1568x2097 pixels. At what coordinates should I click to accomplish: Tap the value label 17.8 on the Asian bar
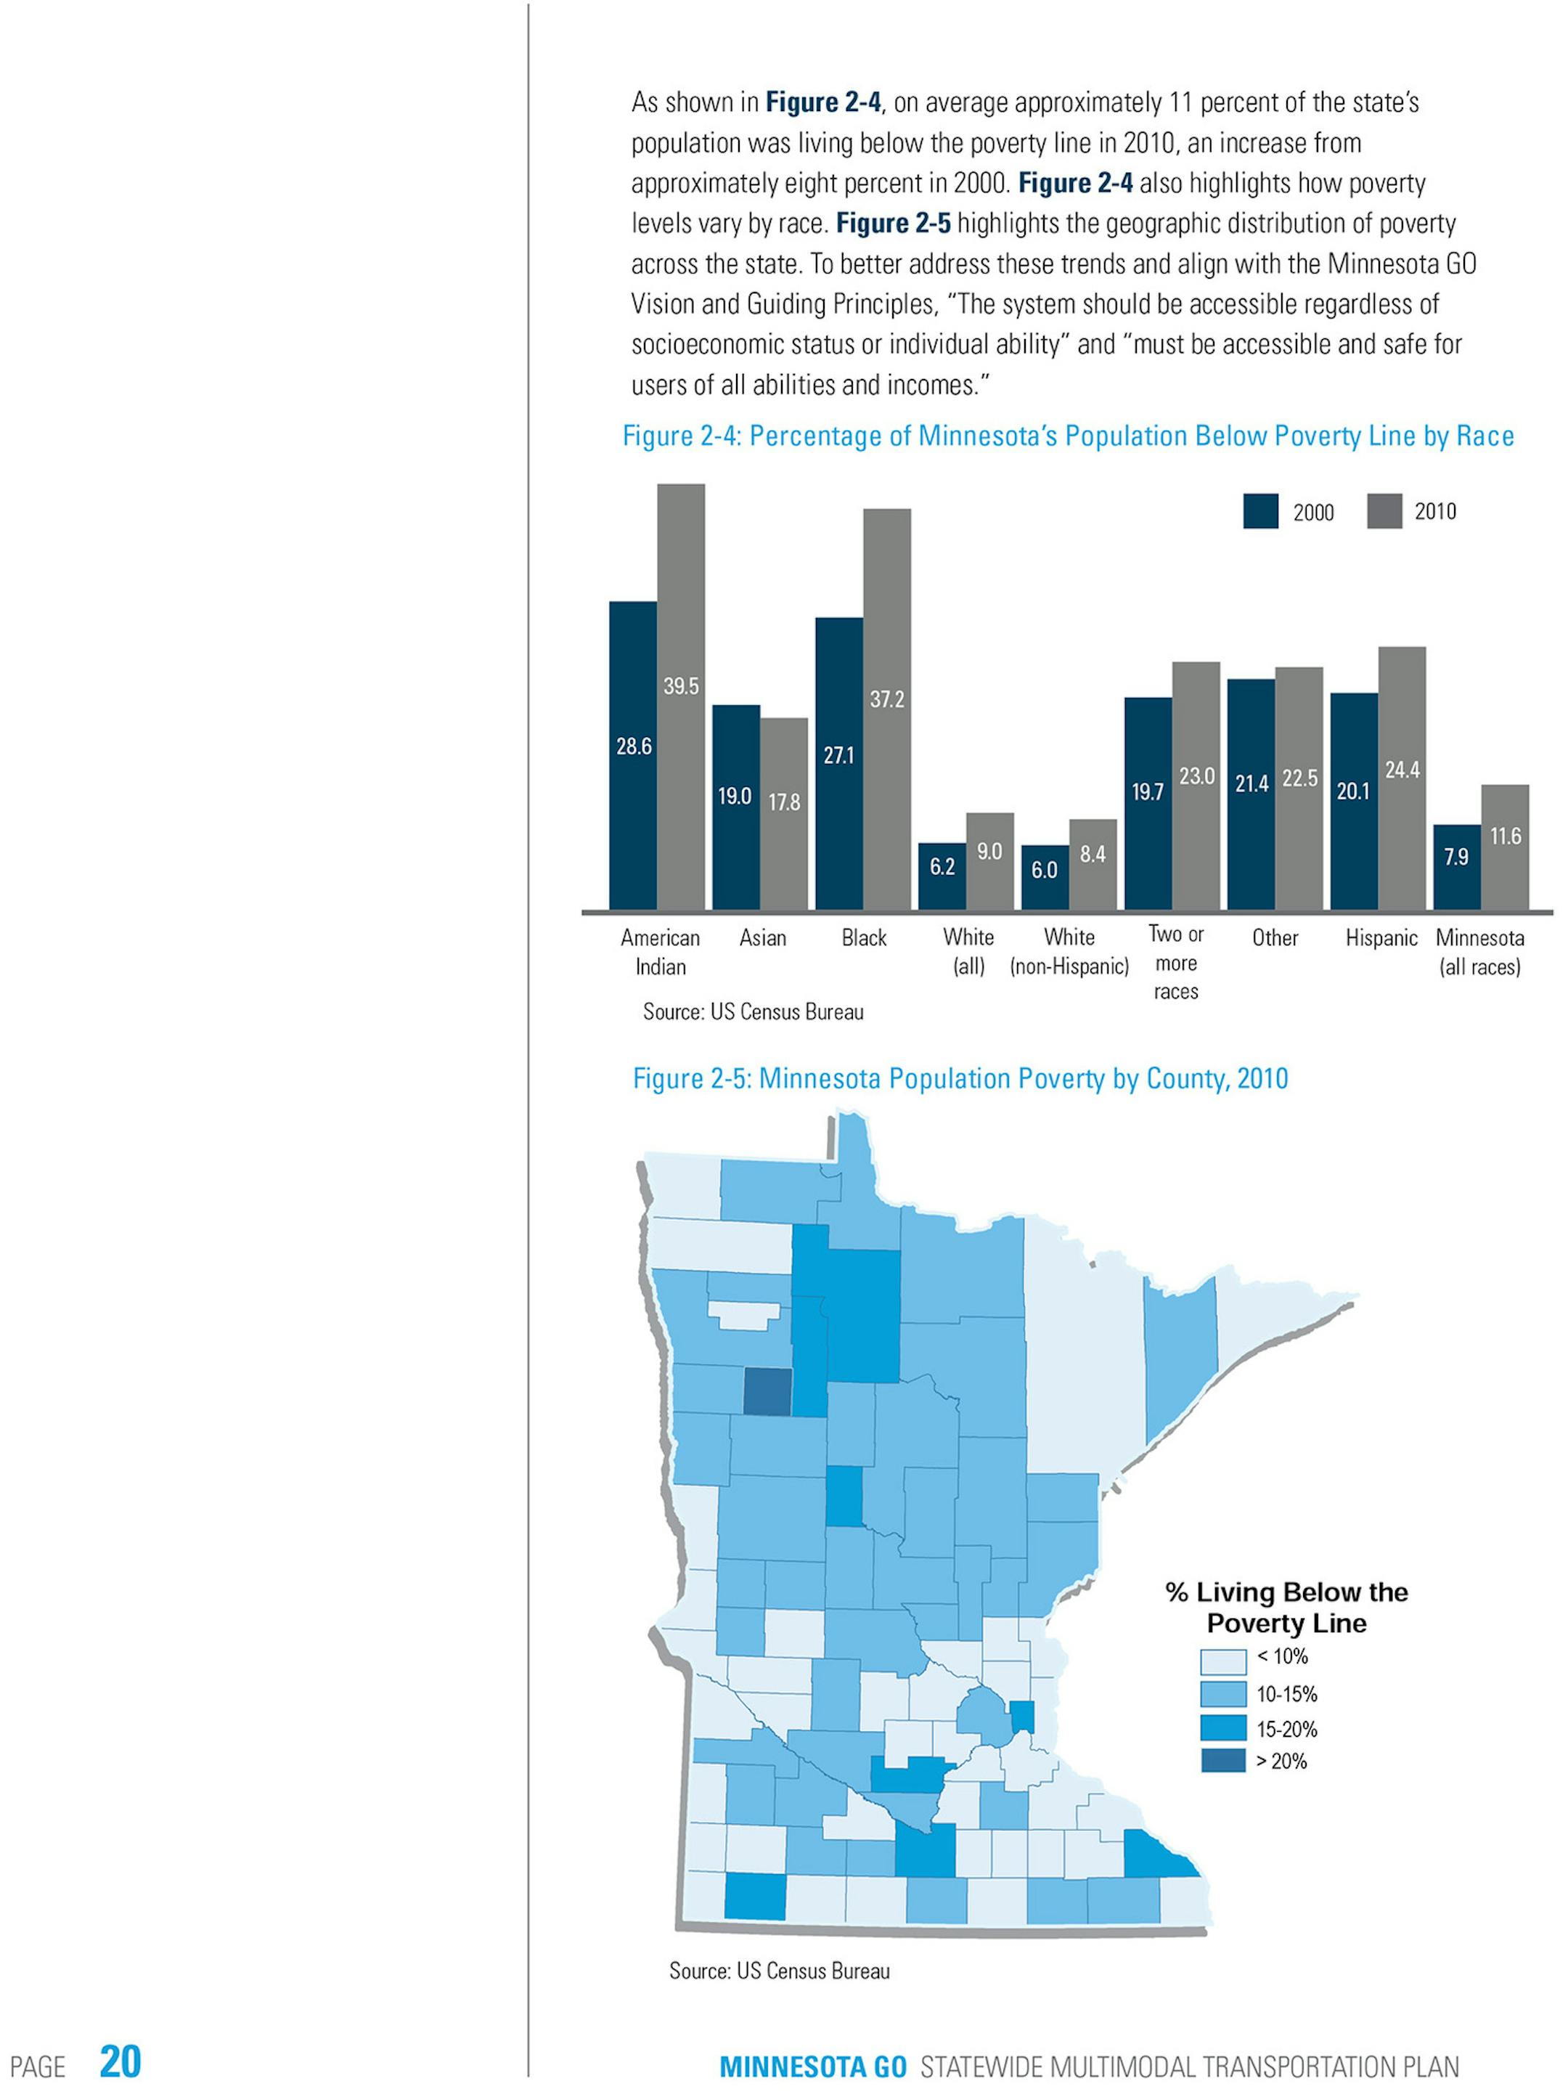(784, 803)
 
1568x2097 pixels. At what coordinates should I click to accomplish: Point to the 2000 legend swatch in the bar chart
(1260, 512)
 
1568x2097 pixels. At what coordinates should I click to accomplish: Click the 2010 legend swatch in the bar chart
(1384, 511)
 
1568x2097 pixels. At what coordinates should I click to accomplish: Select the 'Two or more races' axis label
(1175, 963)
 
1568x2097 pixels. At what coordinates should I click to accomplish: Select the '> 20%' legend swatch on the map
(1222, 1762)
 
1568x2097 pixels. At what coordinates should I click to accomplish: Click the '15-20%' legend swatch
(1222, 1727)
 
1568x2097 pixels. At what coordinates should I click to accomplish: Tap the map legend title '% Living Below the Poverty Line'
(1286, 1608)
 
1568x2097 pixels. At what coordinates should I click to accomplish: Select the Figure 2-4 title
(1067, 436)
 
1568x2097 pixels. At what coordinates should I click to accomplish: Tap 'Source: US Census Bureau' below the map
(779, 1971)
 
